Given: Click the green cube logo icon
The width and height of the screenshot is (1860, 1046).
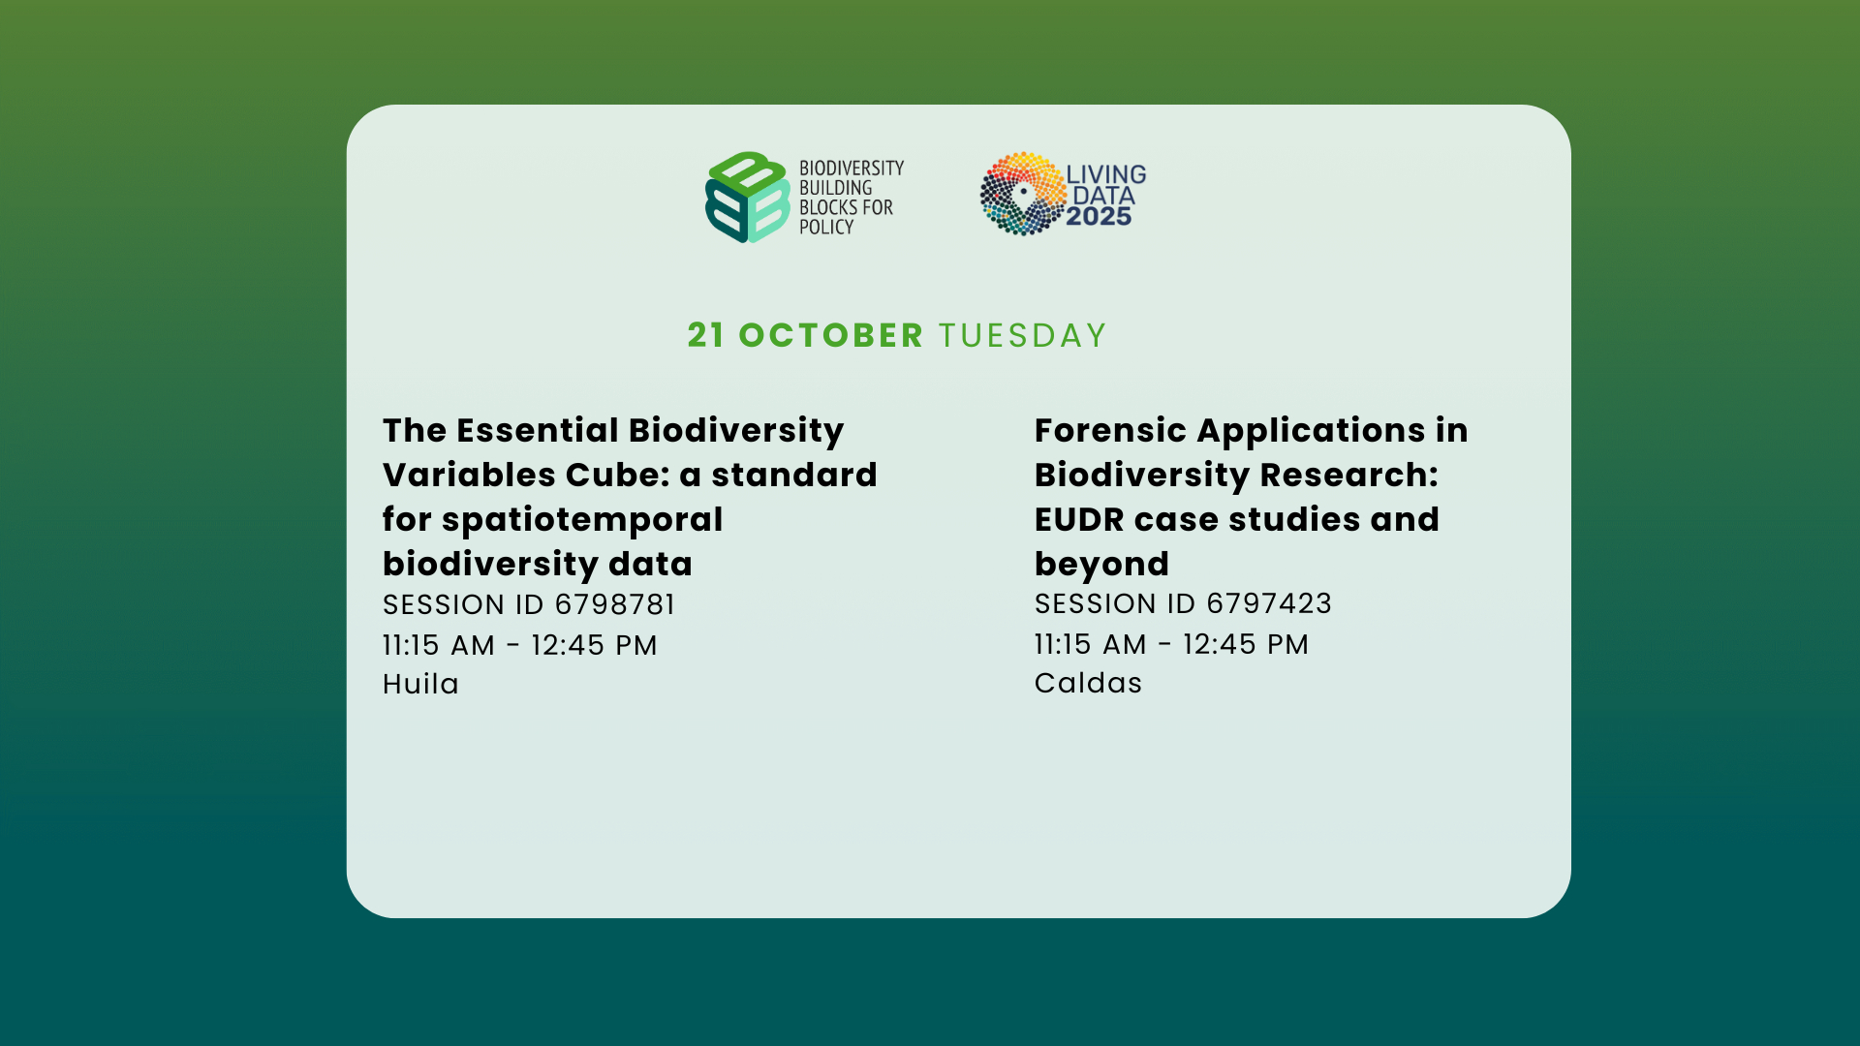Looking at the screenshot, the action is pyautogui.click(x=747, y=197).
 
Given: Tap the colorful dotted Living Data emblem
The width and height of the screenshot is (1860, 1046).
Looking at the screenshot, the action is pyautogui.click(x=1023, y=194).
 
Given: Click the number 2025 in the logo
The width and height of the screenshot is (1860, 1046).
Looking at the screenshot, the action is pyautogui.click(x=1099, y=217).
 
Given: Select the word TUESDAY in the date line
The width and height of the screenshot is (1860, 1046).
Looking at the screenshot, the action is pyautogui.click(x=1022, y=335).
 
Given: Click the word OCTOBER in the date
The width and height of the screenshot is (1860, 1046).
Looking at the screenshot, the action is pyautogui.click(x=831, y=335).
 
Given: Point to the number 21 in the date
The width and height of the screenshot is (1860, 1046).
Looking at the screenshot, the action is pyautogui.click(x=706, y=335).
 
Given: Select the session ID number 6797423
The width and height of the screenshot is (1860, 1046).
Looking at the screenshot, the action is pyautogui.click(x=1269, y=603).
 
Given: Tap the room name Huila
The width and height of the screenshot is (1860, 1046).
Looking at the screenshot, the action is pyautogui.click(x=420, y=684).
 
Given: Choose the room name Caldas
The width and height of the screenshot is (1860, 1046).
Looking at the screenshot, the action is pyautogui.click(x=1088, y=683).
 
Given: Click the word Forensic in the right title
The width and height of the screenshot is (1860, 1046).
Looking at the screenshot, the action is pyautogui.click(x=1110, y=430).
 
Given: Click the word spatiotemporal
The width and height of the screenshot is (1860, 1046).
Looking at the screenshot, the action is pyautogui.click(x=582, y=520).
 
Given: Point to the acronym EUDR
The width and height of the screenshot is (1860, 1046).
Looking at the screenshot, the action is pyautogui.click(x=1079, y=519).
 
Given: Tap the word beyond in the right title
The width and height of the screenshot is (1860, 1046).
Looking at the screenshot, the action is pyautogui.click(x=1101, y=564).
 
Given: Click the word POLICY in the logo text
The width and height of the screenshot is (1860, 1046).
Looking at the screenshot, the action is pyautogui.click(x=826, y=227).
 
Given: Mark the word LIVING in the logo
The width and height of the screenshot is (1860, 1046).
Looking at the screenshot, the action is pyautogui.click(x=1106, y=174).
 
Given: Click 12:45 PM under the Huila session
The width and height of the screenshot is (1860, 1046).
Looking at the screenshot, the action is pyautogui.click(x=594, y=645).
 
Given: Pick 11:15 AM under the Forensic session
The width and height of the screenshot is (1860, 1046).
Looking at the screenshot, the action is pyautogui.click(x=1091, y=644).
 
